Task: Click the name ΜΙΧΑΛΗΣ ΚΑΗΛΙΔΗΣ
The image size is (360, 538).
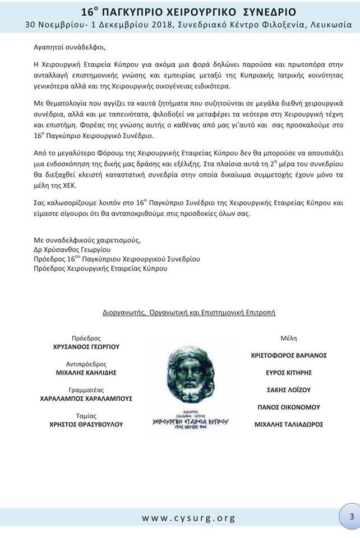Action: click(86, 373)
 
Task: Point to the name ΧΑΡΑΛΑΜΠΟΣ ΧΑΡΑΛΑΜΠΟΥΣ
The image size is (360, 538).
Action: click(86, 398)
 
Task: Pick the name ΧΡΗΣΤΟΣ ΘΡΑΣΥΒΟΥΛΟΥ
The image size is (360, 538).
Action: click(86, 424)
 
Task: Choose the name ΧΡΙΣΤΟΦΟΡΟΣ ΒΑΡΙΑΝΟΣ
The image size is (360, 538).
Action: click(289, 355)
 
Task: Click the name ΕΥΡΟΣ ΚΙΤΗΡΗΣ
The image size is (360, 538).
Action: click(289, 373)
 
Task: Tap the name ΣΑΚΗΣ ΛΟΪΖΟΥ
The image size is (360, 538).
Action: click(289, 390)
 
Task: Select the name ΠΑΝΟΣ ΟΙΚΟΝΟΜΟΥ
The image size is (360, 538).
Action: click(289, 407)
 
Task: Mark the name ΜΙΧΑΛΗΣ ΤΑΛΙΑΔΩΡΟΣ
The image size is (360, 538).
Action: click(289, 424)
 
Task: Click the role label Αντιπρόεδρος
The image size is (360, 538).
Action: click(86, 364)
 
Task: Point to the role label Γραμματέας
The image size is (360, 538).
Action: click(86, 389)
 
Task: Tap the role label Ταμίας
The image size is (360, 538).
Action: click(86, 416)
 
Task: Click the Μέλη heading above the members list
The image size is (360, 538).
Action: click(289, 338)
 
